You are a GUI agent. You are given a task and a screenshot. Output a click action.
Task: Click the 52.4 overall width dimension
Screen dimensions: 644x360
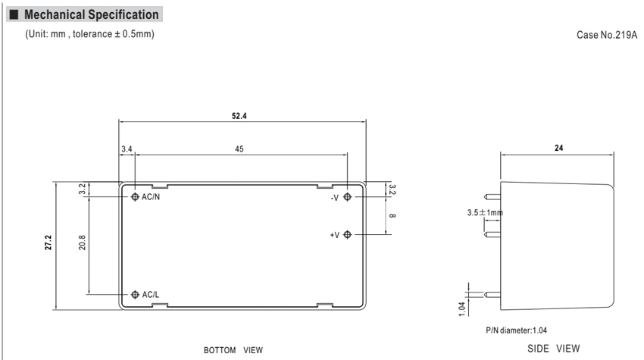(239, 116)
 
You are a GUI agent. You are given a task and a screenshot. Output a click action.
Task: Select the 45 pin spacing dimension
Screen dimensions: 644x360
(239, 149)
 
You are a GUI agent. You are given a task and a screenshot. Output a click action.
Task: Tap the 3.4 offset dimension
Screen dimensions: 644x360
(127, 149)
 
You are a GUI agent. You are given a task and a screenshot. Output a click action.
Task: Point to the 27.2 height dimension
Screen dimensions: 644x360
(48, 243)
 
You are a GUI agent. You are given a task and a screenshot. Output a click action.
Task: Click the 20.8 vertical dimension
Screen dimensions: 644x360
(82, 243)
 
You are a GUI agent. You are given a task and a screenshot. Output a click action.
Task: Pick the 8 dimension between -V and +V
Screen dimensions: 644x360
(392, 216)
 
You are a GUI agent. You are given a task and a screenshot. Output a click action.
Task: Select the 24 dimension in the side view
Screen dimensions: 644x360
(558, 148)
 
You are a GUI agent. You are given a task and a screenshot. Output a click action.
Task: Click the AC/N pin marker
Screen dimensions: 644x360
(135, 197)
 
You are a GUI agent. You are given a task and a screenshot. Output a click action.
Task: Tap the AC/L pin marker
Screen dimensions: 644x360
(135, 294)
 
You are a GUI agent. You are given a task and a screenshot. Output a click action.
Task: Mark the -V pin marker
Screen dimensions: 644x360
(348, 197)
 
